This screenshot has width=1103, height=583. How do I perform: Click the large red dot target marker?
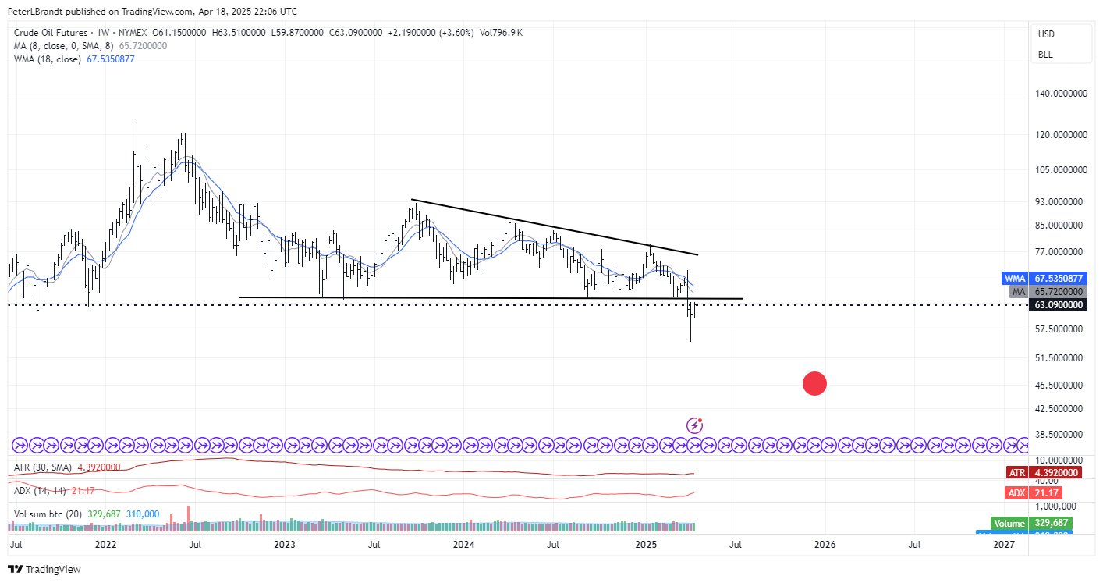[x=814, y=383]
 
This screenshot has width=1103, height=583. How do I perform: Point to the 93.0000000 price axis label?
[x=1061, y=201]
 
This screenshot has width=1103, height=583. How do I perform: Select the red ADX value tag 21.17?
[x=1037, y=493]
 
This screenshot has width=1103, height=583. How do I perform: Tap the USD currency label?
[x=1046, y=34]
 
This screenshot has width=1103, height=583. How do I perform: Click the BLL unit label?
[x=1045, y=55]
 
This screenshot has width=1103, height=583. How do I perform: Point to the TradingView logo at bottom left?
[x=44, y=569]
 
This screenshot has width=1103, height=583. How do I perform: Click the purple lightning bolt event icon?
[x=694, y=425]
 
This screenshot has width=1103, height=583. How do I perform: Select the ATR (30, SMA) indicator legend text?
[x=43, y=467]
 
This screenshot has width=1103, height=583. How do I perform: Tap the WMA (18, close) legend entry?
[x=47, y=59]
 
